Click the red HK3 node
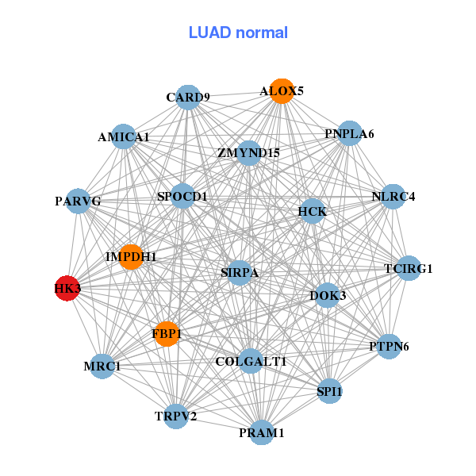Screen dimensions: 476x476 pyautogui.click(x=67, y=289)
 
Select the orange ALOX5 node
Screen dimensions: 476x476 pyautogui.click(x=282, y=90)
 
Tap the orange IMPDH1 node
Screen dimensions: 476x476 pyautogui.click(x=131, y=257)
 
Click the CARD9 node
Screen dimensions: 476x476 pyautogui.click(x=187, y=98)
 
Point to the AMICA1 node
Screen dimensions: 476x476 pyautogui.click(x=123, y=136)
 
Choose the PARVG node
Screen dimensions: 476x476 pyautogui.click(x=78, y=202)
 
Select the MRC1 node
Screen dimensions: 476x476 pyautogui.click(x=102, y=367)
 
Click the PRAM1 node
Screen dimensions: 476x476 pyautogui.click(x=262, y=432)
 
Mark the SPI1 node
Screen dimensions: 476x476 pyautogui.click(x=329, y=391)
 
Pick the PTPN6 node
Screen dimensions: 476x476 pyautogui.click(x=389, y=347)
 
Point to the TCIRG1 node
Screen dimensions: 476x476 pyautogui.click(x=408, y=268)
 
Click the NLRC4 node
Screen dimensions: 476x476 pyautogui.click(x=393, y=196)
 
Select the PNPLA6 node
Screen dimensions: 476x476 pyautogui.click(x=349, y=133)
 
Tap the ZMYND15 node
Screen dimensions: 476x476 pyautogui.click(x=248, y=152)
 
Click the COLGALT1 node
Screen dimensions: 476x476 pyautogui.click(x=251, y=361)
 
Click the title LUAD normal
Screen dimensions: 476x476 pyautogui.click(x=238, y=33)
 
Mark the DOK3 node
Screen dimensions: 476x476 pyautogui.click(x=328, y=296)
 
